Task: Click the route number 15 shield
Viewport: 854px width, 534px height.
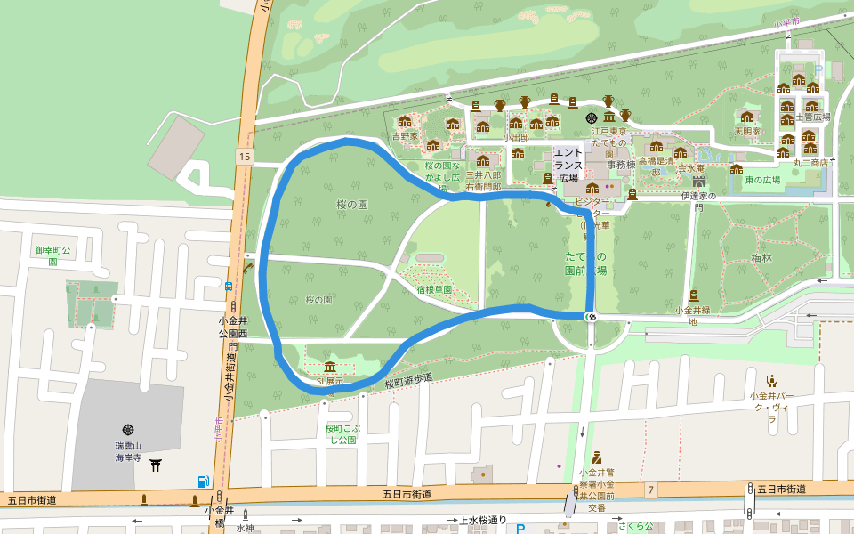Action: [x=244, y=157]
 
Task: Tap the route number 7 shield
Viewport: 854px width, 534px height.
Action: [x=651, y=490]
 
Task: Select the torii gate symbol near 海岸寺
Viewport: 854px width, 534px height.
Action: [x=157, y=465]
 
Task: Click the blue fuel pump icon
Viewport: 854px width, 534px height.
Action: [x=204, y=481]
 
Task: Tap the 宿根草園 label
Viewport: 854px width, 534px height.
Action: [x=434, y=289]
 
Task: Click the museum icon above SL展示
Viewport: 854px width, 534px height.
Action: [x=330, y=368]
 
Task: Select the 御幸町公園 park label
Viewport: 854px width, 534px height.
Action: [x=52, y=255]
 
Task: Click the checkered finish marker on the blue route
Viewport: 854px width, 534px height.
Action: [x=591, y=317]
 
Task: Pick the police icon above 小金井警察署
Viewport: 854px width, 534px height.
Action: [x=597, y=457]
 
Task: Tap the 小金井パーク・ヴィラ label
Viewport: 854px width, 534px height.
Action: [x=770, y=401]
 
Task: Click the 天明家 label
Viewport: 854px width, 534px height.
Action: [x=747, y=131]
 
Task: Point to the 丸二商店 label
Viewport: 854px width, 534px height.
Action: [x=810, y=163]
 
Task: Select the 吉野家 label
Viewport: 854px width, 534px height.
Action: [x=405, y=137]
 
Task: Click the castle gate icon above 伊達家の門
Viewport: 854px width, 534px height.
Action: [x=699, y=181]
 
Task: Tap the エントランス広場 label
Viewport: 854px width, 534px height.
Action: [x=568, y=165]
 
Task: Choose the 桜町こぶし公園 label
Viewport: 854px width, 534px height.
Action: [x=341, y=433]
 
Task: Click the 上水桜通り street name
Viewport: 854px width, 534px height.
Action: [x=482, y=520]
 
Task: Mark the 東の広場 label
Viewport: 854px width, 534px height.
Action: [x=762, y=180]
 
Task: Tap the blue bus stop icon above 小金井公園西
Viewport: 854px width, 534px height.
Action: [x=229, y=287]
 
